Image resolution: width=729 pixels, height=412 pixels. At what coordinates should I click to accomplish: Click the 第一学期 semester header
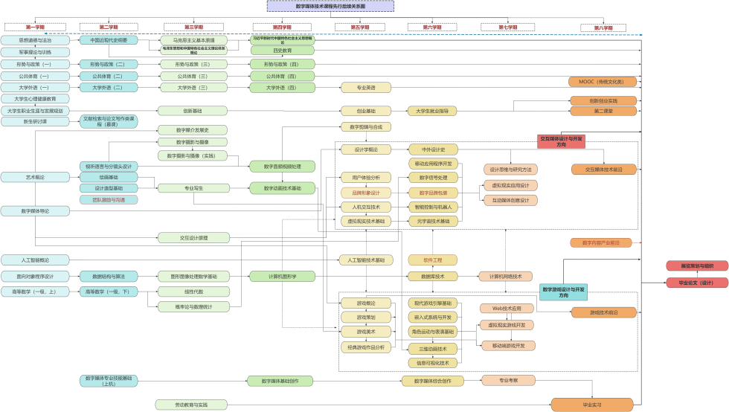click(x=35, y=27)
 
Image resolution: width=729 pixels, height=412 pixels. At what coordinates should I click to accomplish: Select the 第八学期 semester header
click(x=603, y=28)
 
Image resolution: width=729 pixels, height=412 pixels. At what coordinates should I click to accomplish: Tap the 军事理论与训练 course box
click(x=35, y=52)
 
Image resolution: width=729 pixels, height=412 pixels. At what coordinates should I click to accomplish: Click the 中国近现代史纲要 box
click(x=109, y=40)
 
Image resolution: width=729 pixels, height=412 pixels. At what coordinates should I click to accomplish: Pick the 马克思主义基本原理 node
click(x=193, y=40)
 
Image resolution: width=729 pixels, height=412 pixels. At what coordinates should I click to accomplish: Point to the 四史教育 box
click(x=282, y=51)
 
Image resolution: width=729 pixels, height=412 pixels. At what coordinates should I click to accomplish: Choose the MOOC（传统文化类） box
click(x=603, y=82)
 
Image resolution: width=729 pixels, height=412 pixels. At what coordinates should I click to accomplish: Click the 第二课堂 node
click(x=603, y=111)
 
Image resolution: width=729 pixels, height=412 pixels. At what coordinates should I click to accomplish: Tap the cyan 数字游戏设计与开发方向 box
click(x=563, y=292)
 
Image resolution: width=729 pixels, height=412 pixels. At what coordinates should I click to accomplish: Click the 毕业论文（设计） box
click(x=696, y=283)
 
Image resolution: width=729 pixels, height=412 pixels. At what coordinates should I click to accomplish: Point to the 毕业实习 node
click(x=592, y=405)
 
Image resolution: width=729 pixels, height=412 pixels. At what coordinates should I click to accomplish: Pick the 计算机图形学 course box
click(x=282, y=276)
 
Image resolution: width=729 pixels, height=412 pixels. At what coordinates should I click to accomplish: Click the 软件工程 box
click(x=432, y=260)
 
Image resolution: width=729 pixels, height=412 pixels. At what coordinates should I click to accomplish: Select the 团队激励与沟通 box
click(x=109, y=199)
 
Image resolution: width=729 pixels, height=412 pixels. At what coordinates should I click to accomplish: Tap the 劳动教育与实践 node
click(x=193, y=405)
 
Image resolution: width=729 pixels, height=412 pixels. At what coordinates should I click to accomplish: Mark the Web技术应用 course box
click(x=507, y=308)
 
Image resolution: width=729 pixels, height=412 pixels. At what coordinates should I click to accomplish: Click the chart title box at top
click(x=330, y=6)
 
